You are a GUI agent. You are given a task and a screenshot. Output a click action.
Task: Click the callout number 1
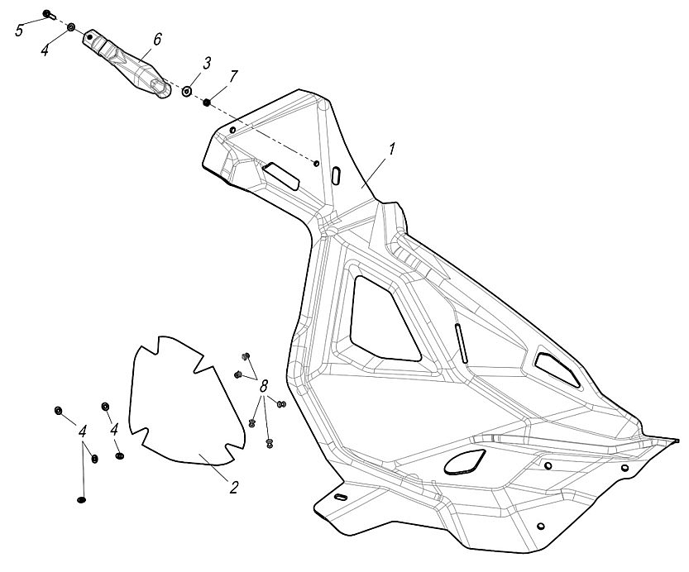click(x=392, y=150)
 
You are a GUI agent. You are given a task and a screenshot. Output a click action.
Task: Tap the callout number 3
click(x=207, y=63)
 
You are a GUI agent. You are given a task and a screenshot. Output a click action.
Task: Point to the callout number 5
click(x=19, y=31)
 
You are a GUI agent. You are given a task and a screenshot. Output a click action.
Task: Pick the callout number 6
click(x=157, y=39)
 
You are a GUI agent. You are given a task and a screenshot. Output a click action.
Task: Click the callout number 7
click(x=233, y=76)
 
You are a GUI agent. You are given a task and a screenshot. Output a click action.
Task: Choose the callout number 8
click(x=265, y=386)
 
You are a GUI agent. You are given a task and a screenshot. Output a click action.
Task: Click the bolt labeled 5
click(x=48, y=14)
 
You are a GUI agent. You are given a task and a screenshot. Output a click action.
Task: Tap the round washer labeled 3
click(x=188, y=90)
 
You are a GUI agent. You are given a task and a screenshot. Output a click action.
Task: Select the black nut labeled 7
click(x=207, y=102)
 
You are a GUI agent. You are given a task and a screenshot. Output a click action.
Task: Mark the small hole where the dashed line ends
click(x=317, y=163)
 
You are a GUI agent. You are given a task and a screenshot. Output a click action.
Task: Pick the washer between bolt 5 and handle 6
click(x=71, y=28)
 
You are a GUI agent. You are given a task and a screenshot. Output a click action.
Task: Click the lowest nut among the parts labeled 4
click(x=81, y=498)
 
